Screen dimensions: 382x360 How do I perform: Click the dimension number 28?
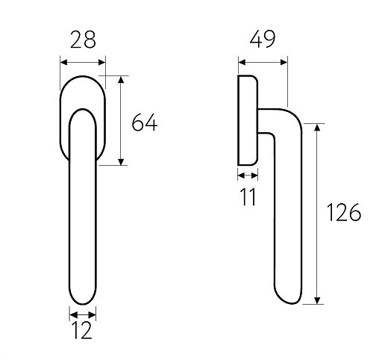83,40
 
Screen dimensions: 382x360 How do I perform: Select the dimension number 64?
145,122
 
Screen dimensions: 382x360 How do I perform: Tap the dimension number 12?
82,330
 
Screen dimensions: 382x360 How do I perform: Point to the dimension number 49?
263,39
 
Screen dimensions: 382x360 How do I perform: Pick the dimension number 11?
248,196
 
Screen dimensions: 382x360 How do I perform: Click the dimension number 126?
343,212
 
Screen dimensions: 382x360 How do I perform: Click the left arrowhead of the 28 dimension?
63,62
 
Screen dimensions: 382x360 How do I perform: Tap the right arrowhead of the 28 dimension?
102,62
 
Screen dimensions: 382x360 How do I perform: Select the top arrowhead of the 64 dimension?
121,80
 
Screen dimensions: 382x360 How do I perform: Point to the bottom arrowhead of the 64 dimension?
121,162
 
